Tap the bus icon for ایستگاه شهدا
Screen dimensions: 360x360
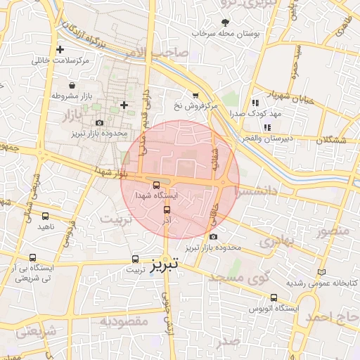tap(156, 185)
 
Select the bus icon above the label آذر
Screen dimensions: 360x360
tap(167, 210)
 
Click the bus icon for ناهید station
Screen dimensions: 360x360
tap(46, 217)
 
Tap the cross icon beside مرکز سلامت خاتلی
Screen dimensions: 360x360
tap(60, 50)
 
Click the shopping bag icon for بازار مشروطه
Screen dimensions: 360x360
tap(72, 85)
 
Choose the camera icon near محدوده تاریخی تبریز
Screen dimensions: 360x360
tap(98, 124)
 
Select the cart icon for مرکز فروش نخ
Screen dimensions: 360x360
tap(195, 96)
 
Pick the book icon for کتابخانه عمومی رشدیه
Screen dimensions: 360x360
tap(322, 272)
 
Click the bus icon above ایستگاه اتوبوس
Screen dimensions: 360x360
tap(274, 297)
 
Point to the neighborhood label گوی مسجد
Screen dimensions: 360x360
tap(240, 277)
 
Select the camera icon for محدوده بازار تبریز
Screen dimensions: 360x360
tap(214, 237)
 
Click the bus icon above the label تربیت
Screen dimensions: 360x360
tap(134, 259)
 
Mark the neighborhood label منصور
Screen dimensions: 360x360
tap(332, 231)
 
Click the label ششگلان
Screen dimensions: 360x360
tap(331, 141)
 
